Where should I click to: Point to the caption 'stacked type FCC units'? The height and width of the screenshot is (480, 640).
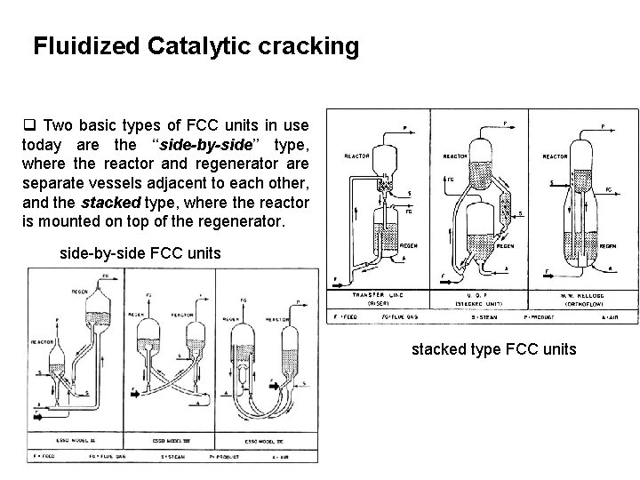point(493,349)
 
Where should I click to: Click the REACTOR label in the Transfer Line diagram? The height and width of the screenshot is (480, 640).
point(357,156)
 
